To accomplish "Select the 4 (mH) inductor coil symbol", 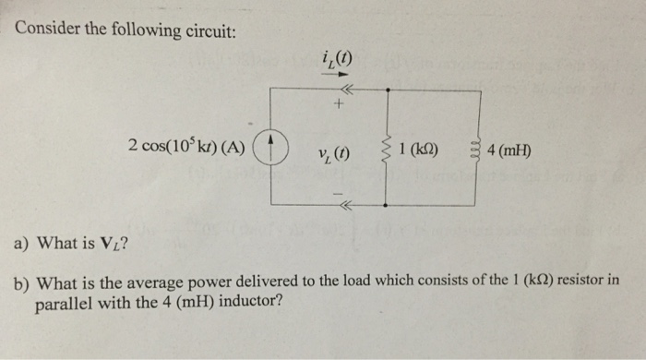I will click(476, 149).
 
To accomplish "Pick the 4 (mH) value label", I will click(508, 149).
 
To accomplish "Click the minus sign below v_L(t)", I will click(338, 192).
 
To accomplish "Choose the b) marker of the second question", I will click(20, 281).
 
